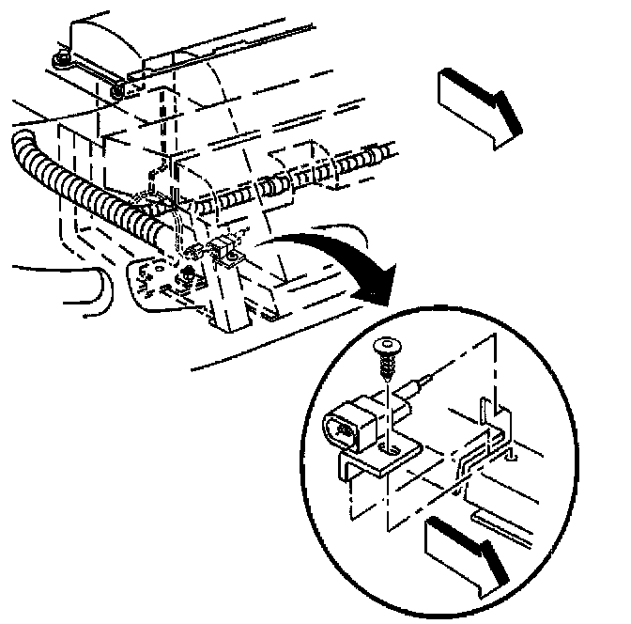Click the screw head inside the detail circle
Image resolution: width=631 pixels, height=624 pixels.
click(x=386, y=346)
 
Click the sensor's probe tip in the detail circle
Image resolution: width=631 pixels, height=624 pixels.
click(x=428, y=377)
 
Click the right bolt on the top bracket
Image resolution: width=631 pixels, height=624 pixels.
click(x=115, y=90)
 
